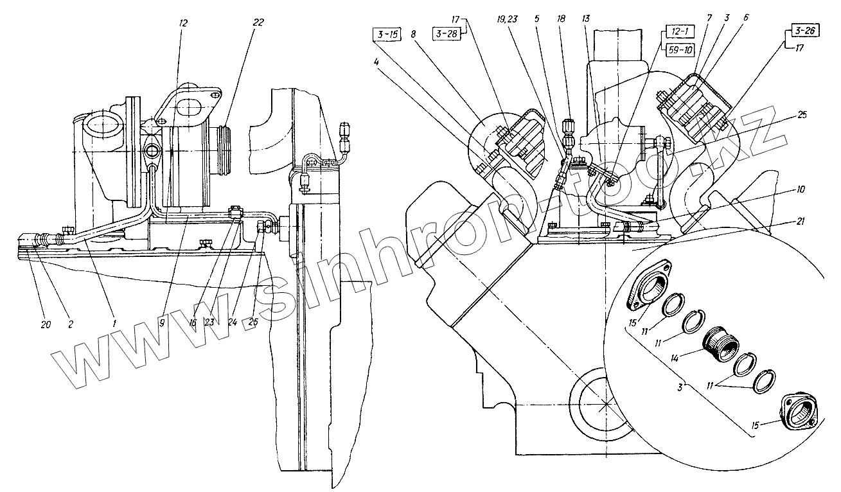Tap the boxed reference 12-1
tap(674, 33)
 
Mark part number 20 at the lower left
tap(46, 324)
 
